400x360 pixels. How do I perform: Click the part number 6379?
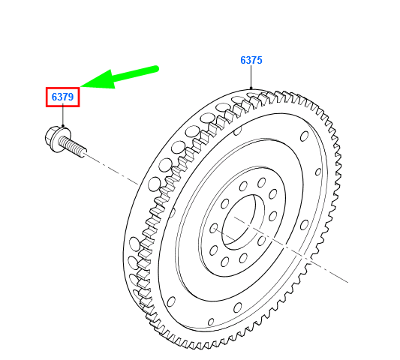(62, 97)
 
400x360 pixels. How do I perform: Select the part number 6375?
(251, 60)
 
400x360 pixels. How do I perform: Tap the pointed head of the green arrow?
(81, 86)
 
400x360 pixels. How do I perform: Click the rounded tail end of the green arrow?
(155, 69)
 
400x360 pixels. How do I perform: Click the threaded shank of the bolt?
(73, 146)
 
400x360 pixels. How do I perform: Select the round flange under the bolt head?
(60, 139)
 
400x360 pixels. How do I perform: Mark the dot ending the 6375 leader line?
(251, 88)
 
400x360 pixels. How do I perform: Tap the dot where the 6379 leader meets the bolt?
(63, 126)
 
